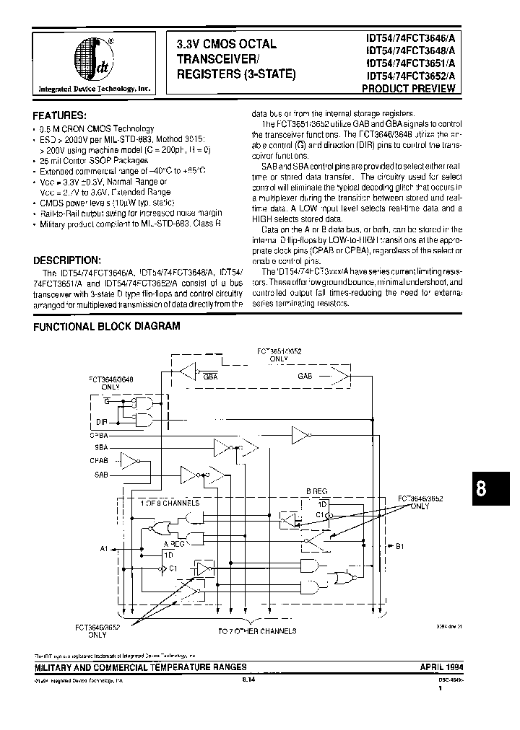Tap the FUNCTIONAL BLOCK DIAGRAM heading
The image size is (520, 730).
(107, 326)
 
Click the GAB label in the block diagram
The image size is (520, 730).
(305, 377)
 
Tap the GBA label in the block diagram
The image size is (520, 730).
(210, 377)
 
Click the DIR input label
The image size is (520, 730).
(102, 421)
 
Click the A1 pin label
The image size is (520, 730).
(103, 548)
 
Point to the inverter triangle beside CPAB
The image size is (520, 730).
(128, 460)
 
